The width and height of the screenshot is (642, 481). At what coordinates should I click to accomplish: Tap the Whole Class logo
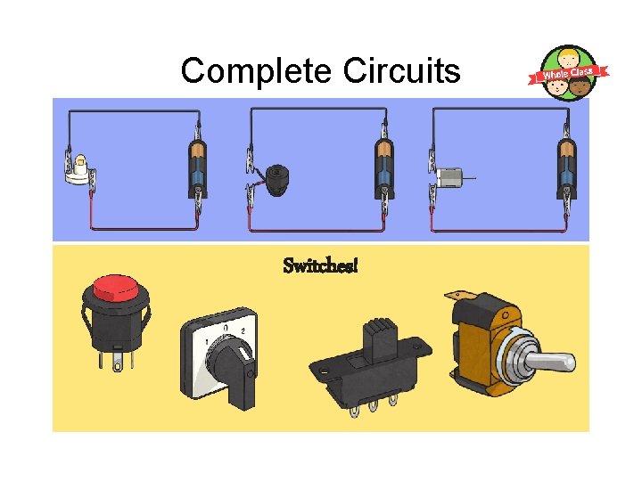[570, 72]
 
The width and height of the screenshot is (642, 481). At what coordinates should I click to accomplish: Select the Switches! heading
[320, 265]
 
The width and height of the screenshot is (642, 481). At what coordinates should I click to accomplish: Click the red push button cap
[115, 288]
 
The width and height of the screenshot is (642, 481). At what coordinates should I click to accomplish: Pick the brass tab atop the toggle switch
[461, 295]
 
